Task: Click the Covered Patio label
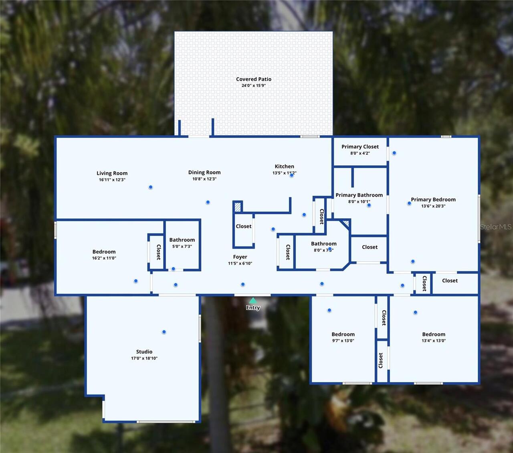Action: click(253, 79)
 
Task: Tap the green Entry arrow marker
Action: click(253, 301)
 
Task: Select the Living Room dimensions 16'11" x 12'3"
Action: click(112, 180)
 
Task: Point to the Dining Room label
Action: click(204, 172)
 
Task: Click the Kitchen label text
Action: click(284, 166)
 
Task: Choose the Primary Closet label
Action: click(360, 146)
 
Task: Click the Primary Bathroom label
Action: click(359, 195)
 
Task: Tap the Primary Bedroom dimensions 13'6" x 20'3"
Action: click(433, 206)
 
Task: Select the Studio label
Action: click(144, 351)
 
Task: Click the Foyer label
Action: click(240, 257)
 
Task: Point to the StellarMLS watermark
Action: click(496, 227)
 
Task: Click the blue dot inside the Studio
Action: click(164, 332)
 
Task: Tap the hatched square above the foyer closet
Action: click(238, 207)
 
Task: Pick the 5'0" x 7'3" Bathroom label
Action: click(182, 240)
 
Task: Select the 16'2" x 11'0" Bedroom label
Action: click(104, 252)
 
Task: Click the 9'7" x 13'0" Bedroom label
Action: click(343, 334)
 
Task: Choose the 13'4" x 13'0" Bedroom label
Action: click(434, 334)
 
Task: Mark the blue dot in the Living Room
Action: click(151, 187)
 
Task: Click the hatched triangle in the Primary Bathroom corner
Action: click(345, 223)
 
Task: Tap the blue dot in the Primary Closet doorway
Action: click(394, 153)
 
